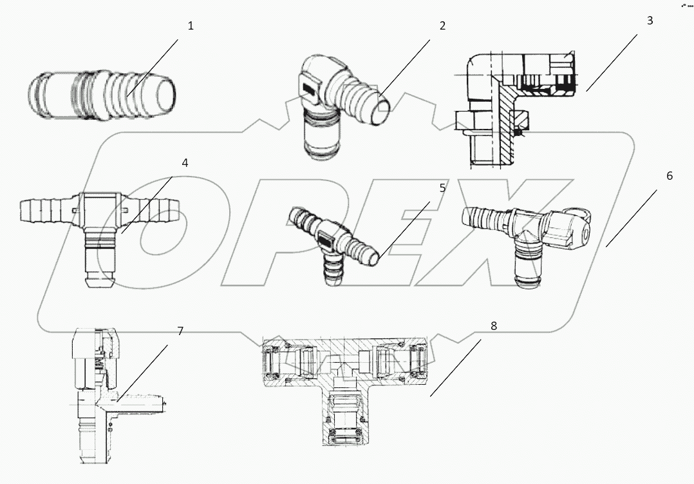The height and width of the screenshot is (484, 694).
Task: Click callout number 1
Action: coord(191,26)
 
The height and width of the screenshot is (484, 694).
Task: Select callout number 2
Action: coord(442,26)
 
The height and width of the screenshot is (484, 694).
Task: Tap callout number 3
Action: coord(650,20)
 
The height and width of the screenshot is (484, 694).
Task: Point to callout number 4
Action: coord(185,162)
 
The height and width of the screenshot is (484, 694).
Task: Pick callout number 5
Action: coord(442,188)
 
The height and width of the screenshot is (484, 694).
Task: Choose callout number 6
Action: coord(670,175)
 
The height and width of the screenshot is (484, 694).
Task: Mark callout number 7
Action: coord(180,331)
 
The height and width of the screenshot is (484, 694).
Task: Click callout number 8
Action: coord(494,325)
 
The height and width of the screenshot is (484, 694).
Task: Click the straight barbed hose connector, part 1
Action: coord(103,97)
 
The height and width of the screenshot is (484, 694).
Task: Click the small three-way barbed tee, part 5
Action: coord(335,242)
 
